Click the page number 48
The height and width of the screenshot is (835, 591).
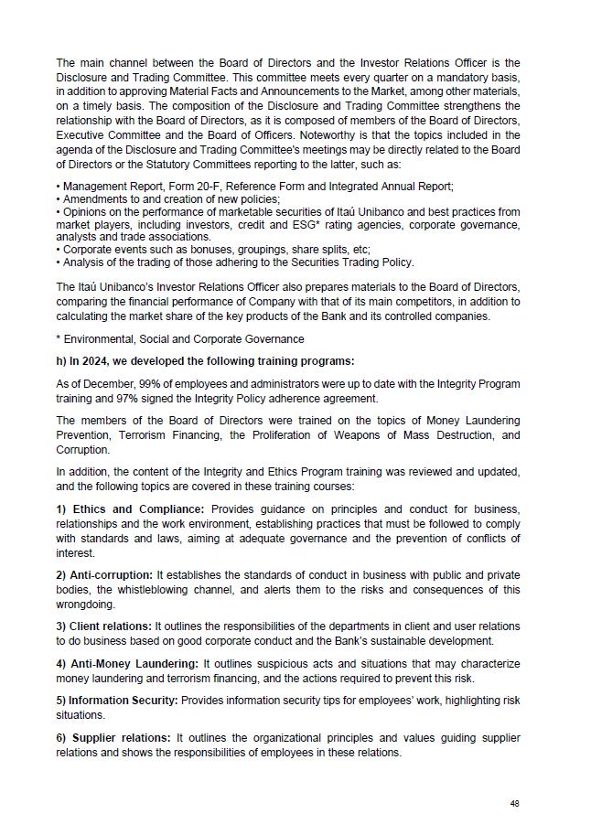point(515,803)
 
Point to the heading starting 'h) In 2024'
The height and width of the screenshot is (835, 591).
point(205,361)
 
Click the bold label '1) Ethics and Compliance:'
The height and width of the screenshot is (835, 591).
point(132,508)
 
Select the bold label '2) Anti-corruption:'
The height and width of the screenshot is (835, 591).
point(103,574)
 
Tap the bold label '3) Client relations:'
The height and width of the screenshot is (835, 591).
point(103,626)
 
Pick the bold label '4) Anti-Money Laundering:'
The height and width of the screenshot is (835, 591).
point(126,663)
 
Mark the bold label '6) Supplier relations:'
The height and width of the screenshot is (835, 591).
point(113,737)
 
